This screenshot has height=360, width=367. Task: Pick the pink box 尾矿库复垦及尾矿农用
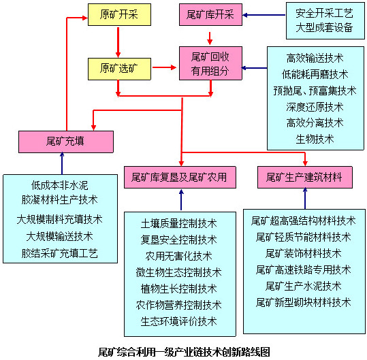point(180,178)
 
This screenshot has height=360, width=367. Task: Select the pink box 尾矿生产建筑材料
point(304,178)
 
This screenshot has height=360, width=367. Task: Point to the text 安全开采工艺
point(324,13)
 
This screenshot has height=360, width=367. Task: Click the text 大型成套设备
point(324,28)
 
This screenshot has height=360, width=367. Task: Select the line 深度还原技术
point(315,107)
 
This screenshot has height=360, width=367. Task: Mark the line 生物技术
point(315,139)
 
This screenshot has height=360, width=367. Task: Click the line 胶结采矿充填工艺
point(60,253)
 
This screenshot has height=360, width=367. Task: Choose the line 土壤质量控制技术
point(179,223)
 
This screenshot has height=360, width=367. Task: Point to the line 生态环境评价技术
point(179,321)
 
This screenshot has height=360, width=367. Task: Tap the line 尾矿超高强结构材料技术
point(303,220)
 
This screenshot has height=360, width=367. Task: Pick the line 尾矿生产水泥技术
point(303,285)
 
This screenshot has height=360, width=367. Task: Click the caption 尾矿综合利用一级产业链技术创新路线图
point(184,351)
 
